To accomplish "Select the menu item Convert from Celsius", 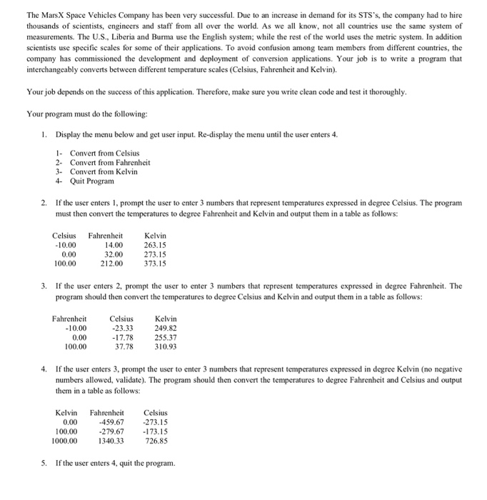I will point(104,153).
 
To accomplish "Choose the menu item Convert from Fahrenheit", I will point(110,162).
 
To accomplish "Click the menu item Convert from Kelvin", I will point(104,171).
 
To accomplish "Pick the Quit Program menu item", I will point(92,181).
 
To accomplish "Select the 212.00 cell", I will point(112,263).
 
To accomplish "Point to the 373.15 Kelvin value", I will point(155,263).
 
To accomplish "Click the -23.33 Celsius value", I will point(122,328).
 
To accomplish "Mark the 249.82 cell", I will point(166,328).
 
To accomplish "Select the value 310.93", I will point(166,346).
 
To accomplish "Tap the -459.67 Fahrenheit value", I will point(111,421).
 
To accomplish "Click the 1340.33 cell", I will point(111,440).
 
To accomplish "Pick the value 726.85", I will point(156,440).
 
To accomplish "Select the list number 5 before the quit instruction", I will point(44,464).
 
